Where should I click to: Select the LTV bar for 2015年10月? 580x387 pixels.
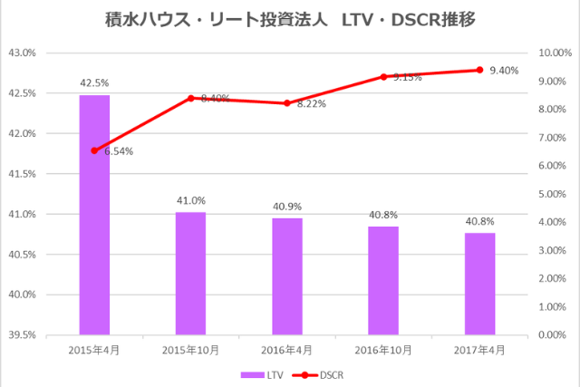pyautogui.click(x=190, y=273)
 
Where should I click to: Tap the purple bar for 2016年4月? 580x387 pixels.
pyautogui.click(x=287, y=276)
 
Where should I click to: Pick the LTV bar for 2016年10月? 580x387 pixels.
pyautogui.click(x=383, y=280)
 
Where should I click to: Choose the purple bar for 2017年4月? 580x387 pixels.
pyautogui.click(x=479, y=284)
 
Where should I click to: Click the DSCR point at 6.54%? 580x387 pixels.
pyautogui.click(x=94, y=150)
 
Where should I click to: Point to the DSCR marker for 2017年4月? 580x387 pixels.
pyautogui.click(x=479, y=70)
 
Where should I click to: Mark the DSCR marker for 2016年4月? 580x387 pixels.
pyautogui.click(x=287, y=103)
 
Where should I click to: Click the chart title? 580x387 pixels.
pyautogui.click(x=289, y=18)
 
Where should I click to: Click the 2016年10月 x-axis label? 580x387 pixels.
pyautogui.click(x=383, y=350)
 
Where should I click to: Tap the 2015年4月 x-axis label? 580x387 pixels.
pyautogui.click(x=94, y=350)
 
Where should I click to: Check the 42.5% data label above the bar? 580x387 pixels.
pyautogui.click(x=94, y=82)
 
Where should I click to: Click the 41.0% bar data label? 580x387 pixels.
pyautogui.click(x=190, y=200)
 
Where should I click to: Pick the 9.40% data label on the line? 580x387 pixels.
pyautogui.click(x=503, y=71)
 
